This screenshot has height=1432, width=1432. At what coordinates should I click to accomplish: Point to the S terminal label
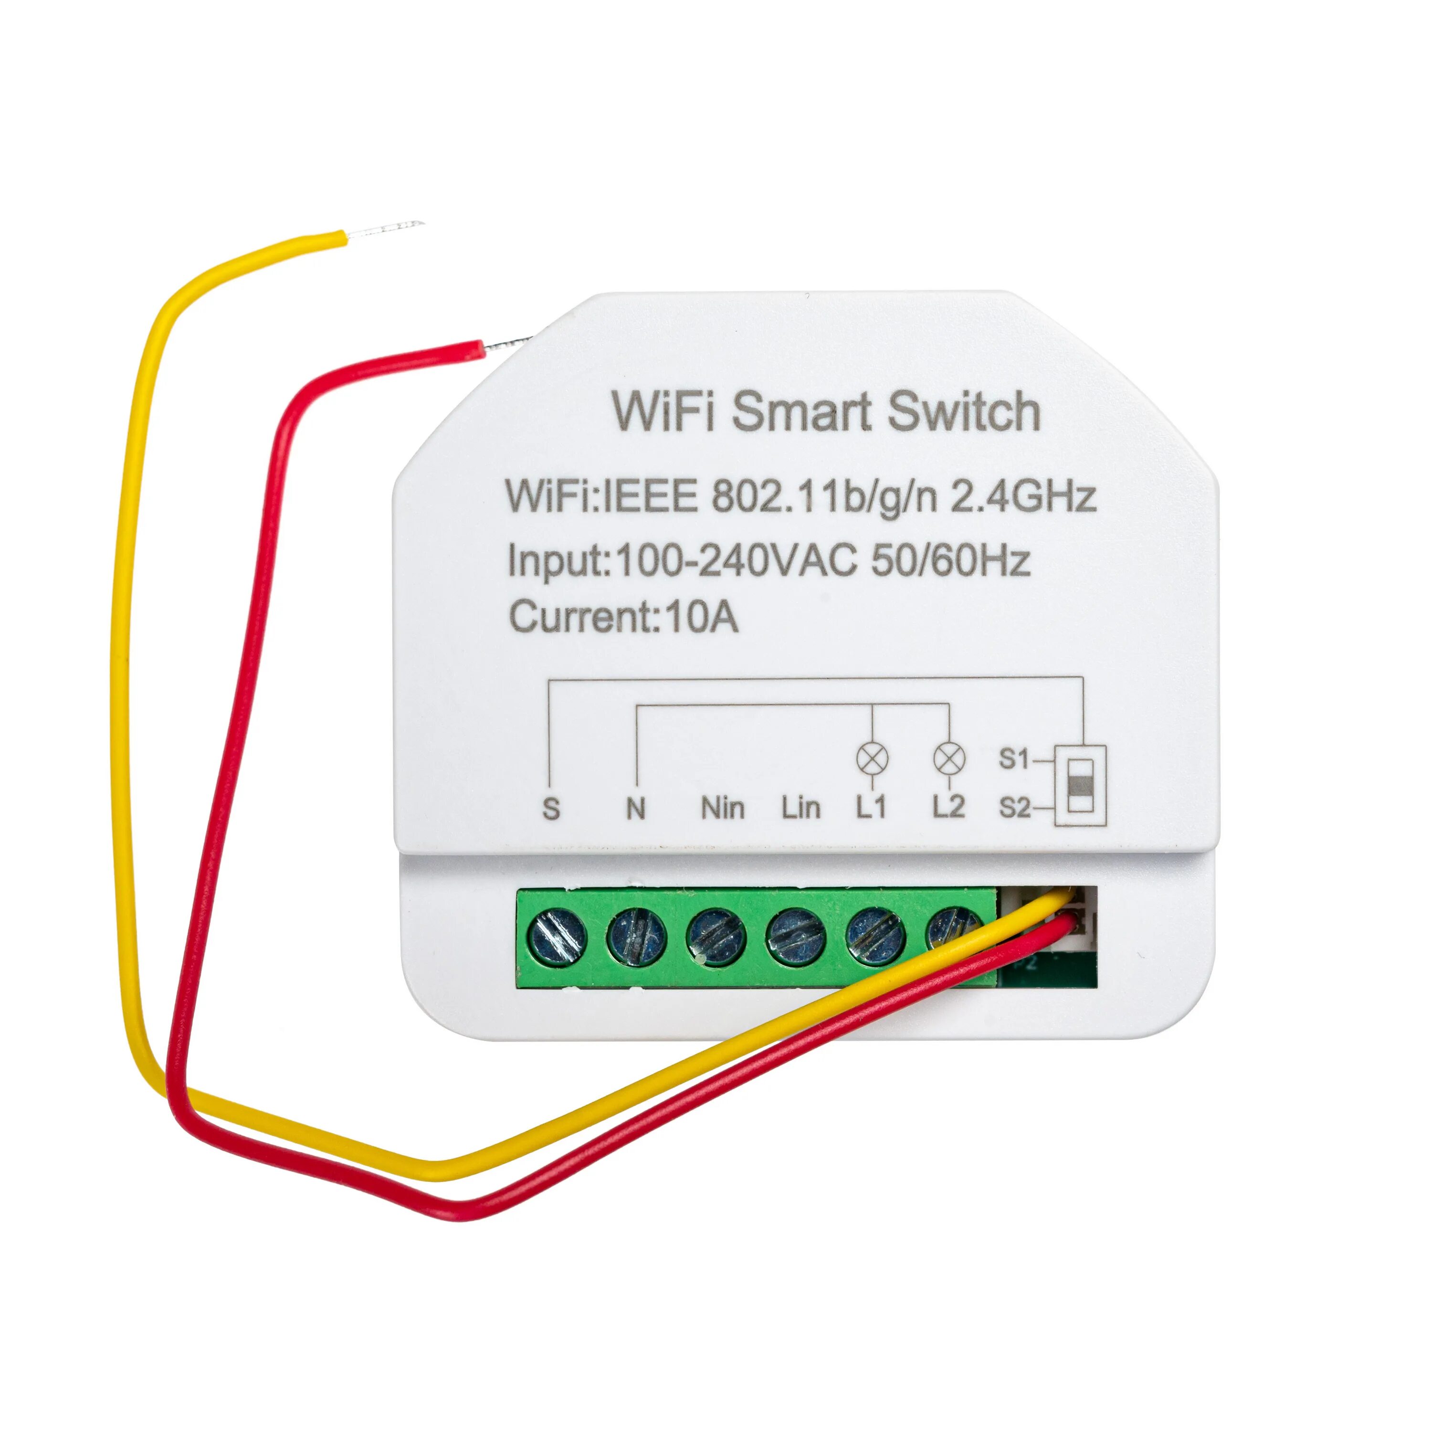click(551, 809)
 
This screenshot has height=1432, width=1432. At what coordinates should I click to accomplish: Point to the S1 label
click(1014, 760)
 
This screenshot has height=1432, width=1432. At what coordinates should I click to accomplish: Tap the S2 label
click(1014, 808)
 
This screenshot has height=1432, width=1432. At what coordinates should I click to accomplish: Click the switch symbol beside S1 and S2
click(1082, 784)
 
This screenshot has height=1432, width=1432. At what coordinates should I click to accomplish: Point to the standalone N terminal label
click(635, 809)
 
